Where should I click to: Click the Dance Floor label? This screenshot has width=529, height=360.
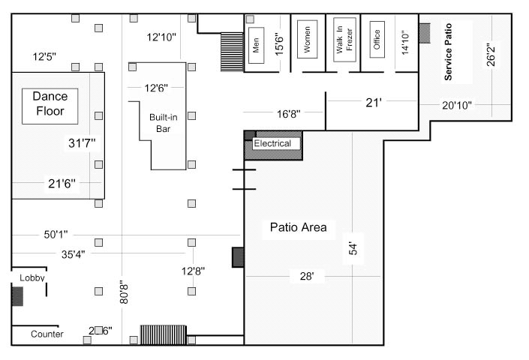pyautogui.click(x=50, y=104)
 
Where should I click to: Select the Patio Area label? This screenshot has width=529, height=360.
pyautogui.click(x=298, y=227)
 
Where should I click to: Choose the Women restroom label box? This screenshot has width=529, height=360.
pyautogui.click(x=306, y=43)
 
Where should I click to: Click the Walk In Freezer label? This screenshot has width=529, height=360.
pyautogui.click(x=339, y=43)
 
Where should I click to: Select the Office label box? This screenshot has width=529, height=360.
pyautogui.click(x=377, y=39)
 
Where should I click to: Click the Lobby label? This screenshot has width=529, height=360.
pyautogui.click(x=32, y=278)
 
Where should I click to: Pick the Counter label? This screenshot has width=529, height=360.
pyautogui.click(x=47, y=334)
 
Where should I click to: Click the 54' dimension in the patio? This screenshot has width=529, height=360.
pyautogui.click(x=352, y=249)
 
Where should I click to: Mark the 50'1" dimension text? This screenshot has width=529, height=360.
pyautogui.click(x=56, y=235)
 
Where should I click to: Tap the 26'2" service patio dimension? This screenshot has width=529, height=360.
pyautogui.click(x=491, y=55)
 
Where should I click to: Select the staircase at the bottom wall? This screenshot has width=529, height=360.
pyautogui.click(x=163, y=335)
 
